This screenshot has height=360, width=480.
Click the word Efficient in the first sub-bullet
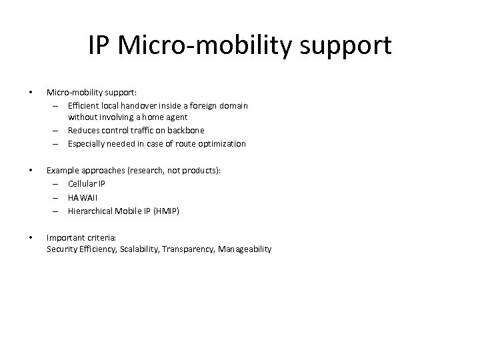[84, 105]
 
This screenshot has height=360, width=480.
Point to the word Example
[63, 171]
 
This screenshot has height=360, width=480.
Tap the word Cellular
[82, 183]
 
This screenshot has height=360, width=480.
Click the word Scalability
[141, 249]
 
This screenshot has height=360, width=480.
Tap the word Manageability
[245, 249]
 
